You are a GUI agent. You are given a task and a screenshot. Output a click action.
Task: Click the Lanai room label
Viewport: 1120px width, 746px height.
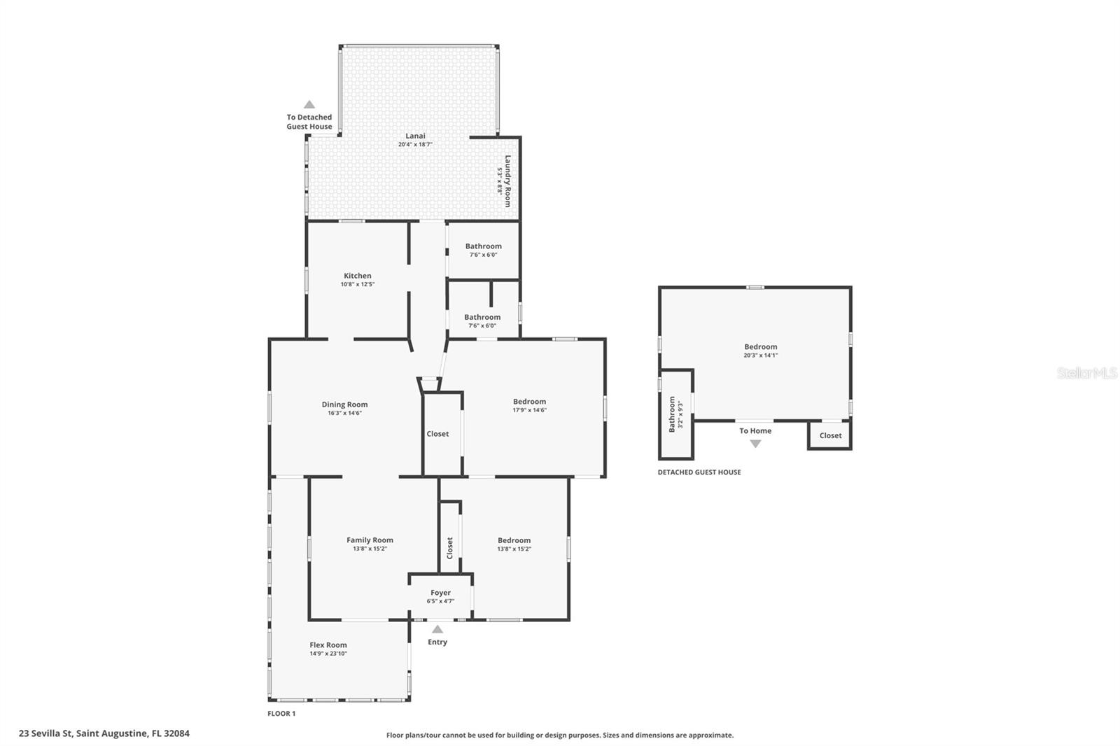[x=415, y=136]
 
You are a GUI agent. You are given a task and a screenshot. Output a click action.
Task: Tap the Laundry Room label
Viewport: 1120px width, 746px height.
[x=508, y=181]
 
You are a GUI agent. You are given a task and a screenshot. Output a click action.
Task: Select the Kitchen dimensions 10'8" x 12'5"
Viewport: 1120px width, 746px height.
[x=358, y=285]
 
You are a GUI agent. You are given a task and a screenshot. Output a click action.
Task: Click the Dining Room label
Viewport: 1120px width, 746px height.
[x=344, y=404]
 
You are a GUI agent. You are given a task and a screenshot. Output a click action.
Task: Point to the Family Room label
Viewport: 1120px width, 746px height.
[x=370, y=540]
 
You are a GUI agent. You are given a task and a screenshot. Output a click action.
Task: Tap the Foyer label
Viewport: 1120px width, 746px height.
[x=440, y=593]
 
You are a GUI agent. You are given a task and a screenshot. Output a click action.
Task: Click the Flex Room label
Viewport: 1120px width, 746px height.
[x=328, y=645]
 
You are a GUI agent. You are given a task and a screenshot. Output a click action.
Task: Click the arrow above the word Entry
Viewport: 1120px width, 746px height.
[x=437, y=629]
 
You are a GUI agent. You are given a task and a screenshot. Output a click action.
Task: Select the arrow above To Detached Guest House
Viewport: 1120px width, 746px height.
[x=309, y=104]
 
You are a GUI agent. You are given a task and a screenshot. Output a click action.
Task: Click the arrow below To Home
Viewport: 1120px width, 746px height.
[x=755, y=444]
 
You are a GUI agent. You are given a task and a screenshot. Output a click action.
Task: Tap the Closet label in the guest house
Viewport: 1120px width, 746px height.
[x=830, y=435]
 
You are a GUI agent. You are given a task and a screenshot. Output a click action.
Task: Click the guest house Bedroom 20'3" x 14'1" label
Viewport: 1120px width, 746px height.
[x=760, y=347]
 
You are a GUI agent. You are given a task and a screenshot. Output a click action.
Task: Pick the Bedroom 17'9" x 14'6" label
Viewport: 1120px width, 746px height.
[x=529, y=402]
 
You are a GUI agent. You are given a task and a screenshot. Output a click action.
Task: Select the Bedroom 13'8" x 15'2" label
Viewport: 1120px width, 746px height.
[x=514, y=540]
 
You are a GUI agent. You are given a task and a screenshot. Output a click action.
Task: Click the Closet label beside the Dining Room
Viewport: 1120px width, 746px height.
[x=437, y=434]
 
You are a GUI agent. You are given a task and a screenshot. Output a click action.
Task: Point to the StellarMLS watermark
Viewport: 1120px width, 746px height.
[x=1086, y=373]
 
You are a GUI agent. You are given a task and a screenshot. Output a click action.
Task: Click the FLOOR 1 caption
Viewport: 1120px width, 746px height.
[x=281, y=714]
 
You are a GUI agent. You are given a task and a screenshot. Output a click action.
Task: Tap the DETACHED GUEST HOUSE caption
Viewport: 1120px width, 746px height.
[x=699, y=472]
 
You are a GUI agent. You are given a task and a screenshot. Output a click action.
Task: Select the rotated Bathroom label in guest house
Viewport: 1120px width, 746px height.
[x=672, y=414]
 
